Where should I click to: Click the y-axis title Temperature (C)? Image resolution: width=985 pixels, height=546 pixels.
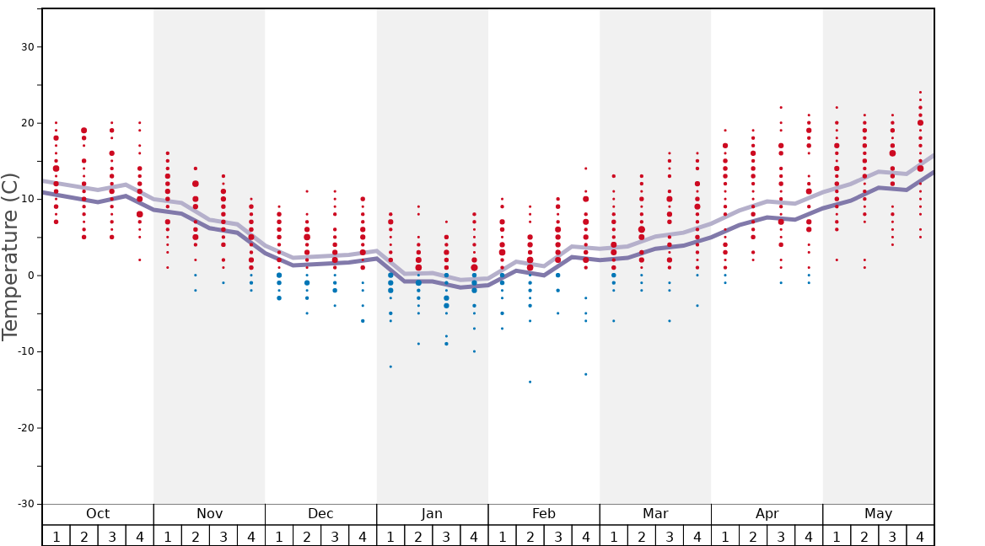click(x=10, y=256)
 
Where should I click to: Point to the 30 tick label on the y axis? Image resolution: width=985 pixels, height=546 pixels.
click(x=27, y=46)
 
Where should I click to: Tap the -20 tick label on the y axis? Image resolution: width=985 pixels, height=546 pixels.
click(x=24, y=428)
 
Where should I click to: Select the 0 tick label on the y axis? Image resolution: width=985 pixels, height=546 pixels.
click(x=30, y=276)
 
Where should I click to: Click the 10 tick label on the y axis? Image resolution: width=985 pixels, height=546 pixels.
click(x=27, y=199)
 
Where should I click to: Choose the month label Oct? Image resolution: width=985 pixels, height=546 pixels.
click(x=98, y=514)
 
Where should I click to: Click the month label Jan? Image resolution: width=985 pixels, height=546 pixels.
click(x=432, y=514)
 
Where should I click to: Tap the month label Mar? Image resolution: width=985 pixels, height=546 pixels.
click(x=655, y=514)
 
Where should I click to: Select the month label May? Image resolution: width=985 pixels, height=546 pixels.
click(x=878, y=514)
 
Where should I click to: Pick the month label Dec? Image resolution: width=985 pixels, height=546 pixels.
click(x=320, y=514)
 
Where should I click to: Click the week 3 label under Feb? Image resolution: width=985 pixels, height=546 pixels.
click(x=557, y=537)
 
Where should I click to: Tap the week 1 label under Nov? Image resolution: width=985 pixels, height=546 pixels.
click(x=168, y=537)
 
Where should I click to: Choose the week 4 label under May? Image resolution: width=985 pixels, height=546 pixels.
click(x=920, y=537)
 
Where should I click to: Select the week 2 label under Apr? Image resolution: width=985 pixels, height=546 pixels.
click(x=753, y=537)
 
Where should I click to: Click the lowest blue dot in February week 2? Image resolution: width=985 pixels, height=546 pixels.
click(x=530, y=382)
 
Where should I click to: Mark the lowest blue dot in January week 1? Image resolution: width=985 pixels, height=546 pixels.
click(x=390, y=367)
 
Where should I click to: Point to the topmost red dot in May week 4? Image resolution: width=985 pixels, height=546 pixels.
click(x=920, y=92)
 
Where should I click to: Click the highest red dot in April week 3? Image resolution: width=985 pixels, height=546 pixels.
click(x=781, y=107)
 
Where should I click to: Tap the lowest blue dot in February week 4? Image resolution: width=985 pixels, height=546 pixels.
click(x=586, y=374)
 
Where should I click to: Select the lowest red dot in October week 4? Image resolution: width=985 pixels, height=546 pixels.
click(x=140, y=260)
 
